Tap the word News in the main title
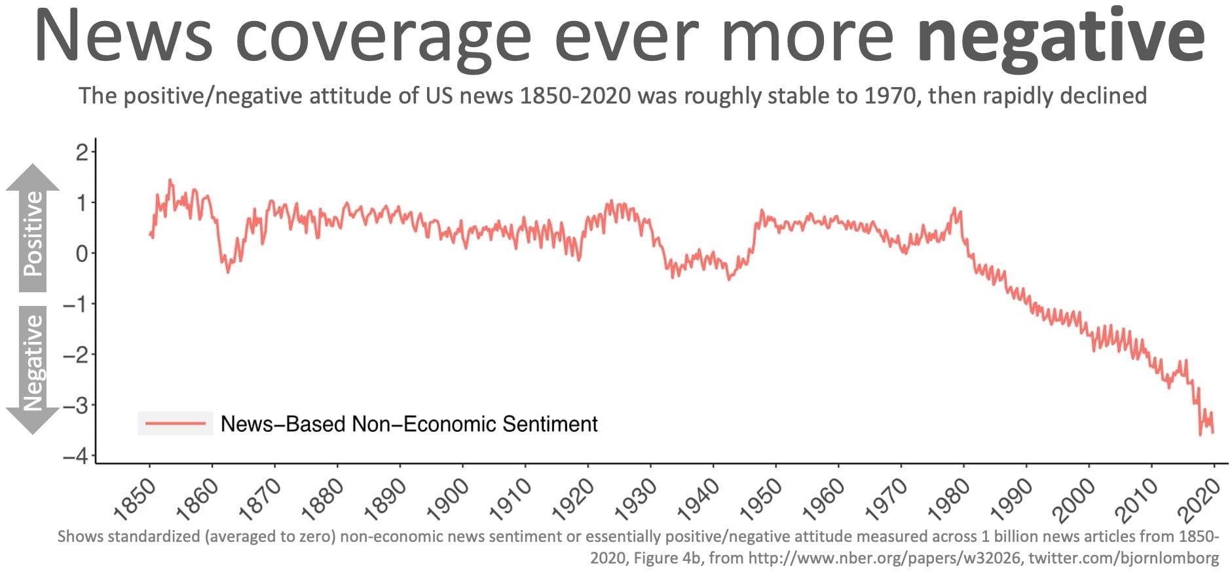[x=124, y=36]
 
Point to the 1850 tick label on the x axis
[x=135, y=499]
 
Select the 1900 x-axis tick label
[x=448, y=499]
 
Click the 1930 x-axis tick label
[x=636, y=499]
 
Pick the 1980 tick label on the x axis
[x=949, y=499]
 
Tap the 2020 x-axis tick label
[x=1199, y=499]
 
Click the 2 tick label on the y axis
[x=82, y=153]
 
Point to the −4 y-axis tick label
[x=75, y=456]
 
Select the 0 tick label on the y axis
[x=82, y=254]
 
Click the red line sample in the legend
[x=175, y=424]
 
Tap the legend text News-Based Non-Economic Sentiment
[x=409, y=424]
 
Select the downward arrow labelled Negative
[x=33, y=367]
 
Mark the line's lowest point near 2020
[x=1200, y=435]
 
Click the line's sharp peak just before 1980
[x=954, y=209]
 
